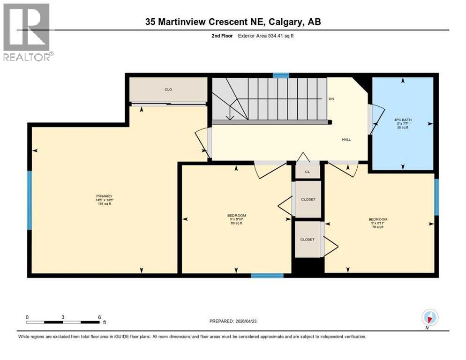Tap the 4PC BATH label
click(x=403, y=120)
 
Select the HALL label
click(x=346, y=139)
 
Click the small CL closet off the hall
click(x=308, y=172)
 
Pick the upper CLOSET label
click(x=308, y=199)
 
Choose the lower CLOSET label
click(x=307, y=239)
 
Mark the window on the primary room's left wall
click(x=29, y=200)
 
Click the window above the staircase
click(x=281, y=75)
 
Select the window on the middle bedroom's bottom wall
click(x=267, y=275)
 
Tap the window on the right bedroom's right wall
click(x=436, y=197)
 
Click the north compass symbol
click(x=429, y=318)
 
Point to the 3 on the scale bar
click(x=63, y=317)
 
